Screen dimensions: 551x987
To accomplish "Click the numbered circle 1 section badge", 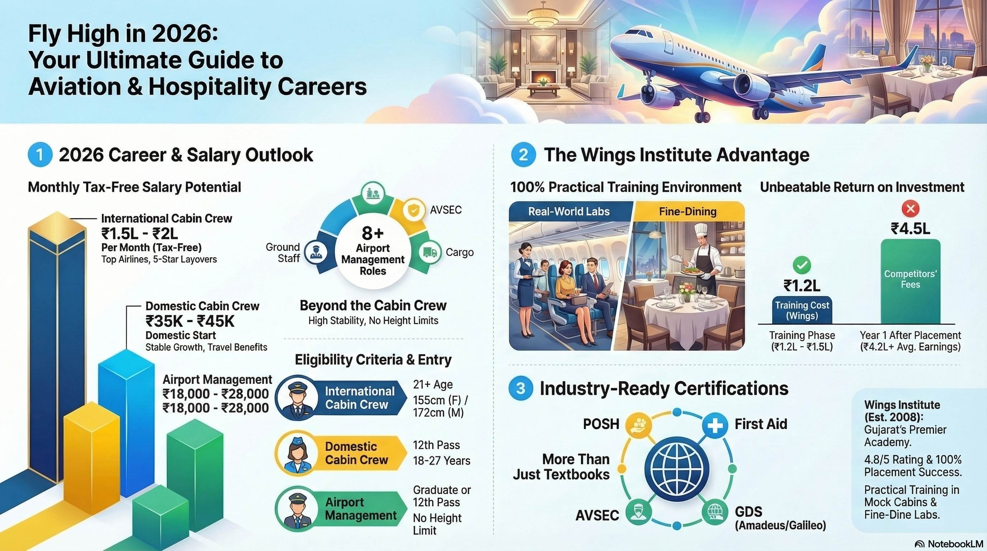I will click(x=40, y=155).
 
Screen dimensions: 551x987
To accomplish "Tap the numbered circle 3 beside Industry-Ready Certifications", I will click(x=520, y=388).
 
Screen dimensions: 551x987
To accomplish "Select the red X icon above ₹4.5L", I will click(x=910, y=209).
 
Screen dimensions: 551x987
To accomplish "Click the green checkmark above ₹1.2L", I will click(x=802, y=265).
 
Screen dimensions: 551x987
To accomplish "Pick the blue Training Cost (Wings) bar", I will click(x=802, y=310).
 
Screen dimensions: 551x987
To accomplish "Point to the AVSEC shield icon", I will click(x=413, y=210).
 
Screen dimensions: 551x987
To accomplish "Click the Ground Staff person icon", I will click(x=316, y=253).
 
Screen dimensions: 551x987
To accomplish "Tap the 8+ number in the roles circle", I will click(x=372, y=233).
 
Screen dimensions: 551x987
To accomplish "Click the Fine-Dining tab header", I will click(x=688, y=212).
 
